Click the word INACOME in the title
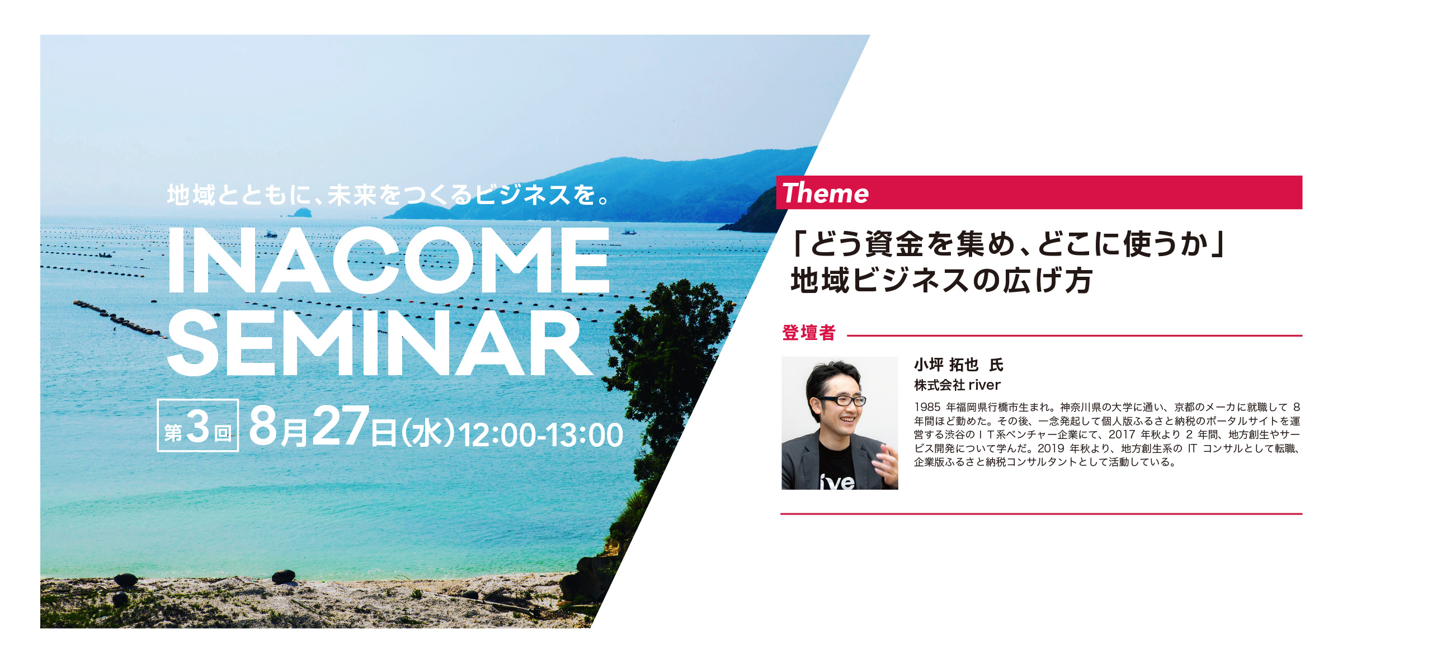click(389, 260)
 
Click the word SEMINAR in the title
click(380, 343)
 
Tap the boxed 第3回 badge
click(198, 426)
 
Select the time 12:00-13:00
click(540, 435)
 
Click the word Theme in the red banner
click(826, 193)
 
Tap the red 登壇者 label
click(809, 333)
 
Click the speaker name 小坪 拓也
click(946, 365)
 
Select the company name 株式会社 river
click(957, 385)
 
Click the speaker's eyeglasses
click(841, 400)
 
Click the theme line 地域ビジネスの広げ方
click(941, 280)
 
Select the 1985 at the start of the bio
click(927, 407)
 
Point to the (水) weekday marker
click(428, 434)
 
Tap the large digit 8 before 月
click(263, 426)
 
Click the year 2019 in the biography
click(1051, 448)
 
